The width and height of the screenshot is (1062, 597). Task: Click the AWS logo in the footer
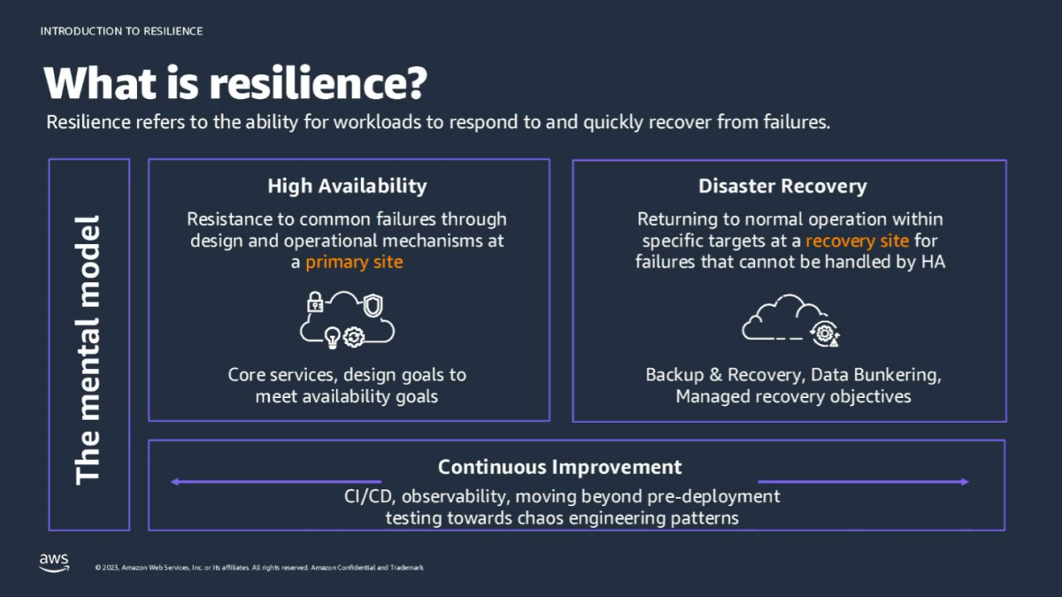coord(54,563)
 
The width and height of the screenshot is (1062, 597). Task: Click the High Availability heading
coord(347,186)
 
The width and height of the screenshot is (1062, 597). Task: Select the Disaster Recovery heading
coord(782,186)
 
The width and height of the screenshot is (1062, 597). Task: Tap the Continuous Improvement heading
coord(559,467)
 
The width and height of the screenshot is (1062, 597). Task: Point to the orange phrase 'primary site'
coord(354,263)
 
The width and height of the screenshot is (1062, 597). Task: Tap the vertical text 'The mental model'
coord(88,348)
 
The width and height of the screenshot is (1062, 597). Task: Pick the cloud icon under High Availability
coord(347,318)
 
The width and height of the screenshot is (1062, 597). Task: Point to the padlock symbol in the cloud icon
coord(315,303)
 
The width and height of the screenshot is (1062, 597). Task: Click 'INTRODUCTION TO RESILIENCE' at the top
coord(121,31)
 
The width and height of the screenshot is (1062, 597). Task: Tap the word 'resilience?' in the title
coord(319,83)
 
